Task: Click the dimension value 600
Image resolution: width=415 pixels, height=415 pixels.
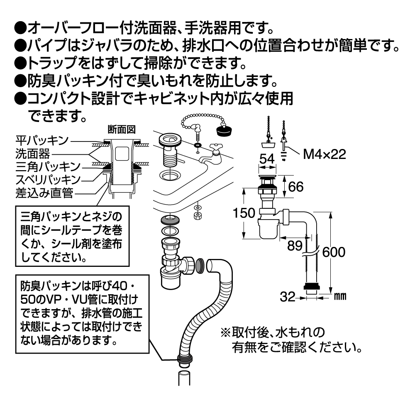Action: coord(334,252)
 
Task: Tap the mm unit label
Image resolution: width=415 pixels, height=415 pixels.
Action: coord(340,297)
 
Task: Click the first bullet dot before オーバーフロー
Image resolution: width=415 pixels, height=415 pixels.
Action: coord(20,29)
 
